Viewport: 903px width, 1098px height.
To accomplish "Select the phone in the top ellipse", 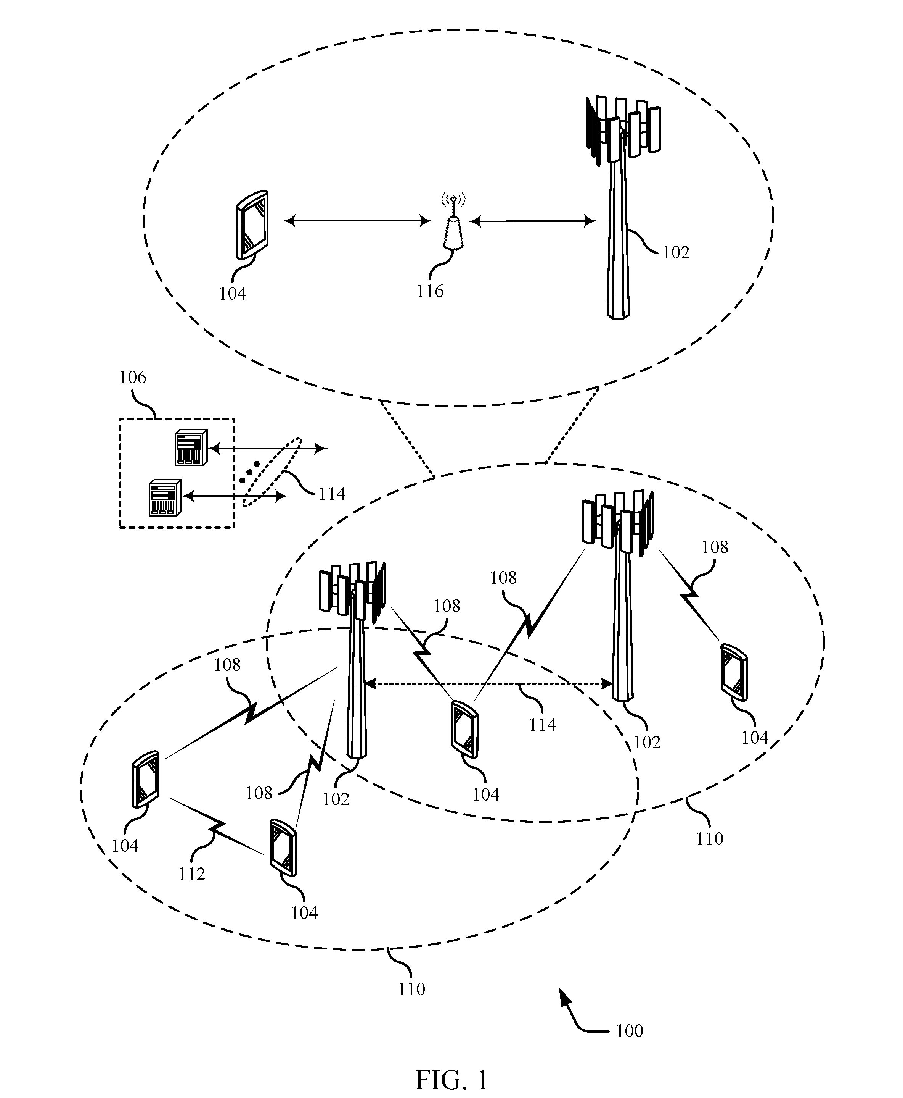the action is (x=252, y=225).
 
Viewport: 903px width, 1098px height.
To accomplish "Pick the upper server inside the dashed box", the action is (x=191, y=447).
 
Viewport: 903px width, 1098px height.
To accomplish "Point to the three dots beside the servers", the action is (x=249, y=471).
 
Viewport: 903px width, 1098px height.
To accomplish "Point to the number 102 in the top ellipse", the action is (x=676, y=252).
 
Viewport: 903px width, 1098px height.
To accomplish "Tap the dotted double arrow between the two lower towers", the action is (x=489, y=684).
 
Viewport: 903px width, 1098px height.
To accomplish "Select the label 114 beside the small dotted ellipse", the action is (x=332, y=494).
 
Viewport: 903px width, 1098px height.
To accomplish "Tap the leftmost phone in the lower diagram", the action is (x=146, y=779).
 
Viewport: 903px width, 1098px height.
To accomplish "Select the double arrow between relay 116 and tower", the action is (x=533, y=221).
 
